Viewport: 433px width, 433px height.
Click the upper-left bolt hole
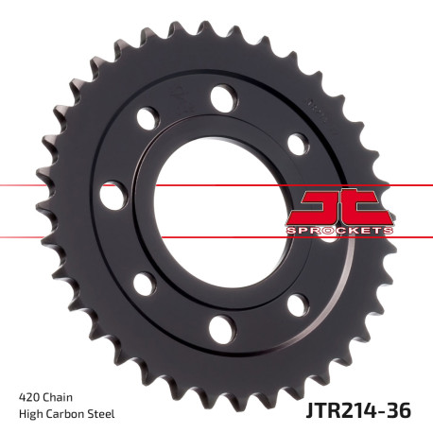click(x=146, y=118)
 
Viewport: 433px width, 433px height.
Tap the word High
click(x=31, y=415)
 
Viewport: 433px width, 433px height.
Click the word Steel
click(x=107, y=415)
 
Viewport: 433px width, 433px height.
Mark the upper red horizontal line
click(x=57, y=186)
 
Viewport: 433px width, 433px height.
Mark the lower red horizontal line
click(x=57, y=236)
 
